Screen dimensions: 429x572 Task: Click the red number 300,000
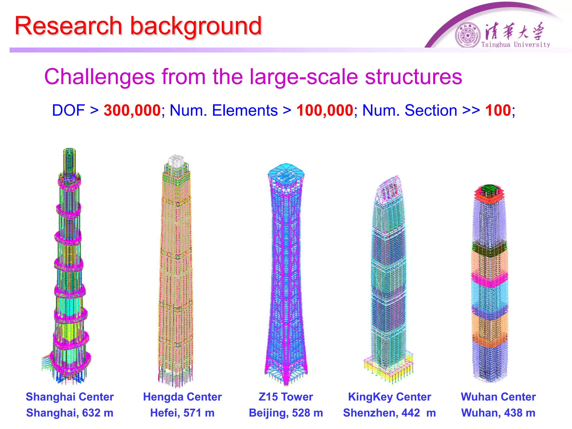[132, 110]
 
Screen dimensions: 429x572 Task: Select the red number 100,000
[325, 110]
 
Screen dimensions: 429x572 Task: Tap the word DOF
[68, 110]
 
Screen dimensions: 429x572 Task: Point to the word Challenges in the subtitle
[99, 77]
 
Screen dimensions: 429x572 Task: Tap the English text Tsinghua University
[516, 45]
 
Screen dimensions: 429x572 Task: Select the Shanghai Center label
[70, 397]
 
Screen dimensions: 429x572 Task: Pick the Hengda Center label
[182, 397]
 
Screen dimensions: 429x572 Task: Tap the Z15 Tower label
[286, 397]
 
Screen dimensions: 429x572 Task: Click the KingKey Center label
[390, 397]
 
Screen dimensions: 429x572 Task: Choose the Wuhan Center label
[498, 397]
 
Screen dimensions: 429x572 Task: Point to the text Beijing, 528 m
[286, 413]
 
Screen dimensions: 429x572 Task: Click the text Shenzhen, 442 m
[390, 413]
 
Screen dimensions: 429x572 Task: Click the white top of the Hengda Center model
[176, 161]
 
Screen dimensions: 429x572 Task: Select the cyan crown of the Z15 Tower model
[286, 172]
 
